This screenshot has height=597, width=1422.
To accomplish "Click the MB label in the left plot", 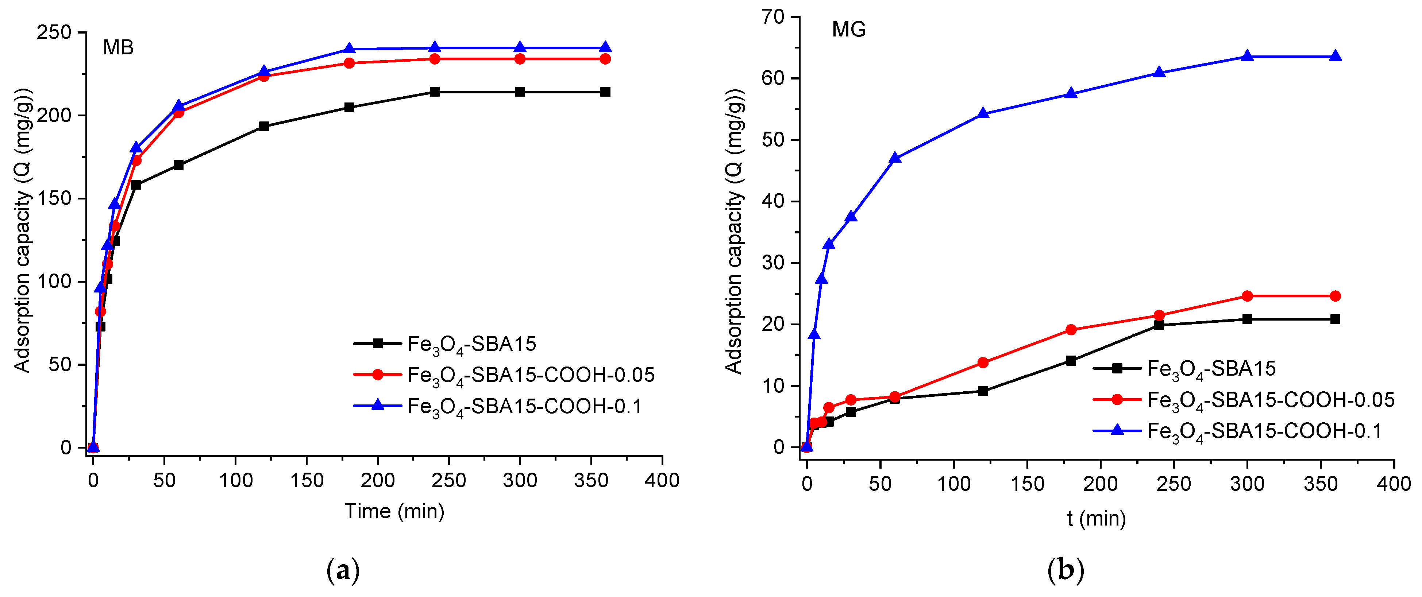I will [x=118, y=48].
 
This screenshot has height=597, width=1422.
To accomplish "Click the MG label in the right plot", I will [x=848, y=29].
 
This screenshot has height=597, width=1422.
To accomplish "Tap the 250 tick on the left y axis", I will [x=54, y=32].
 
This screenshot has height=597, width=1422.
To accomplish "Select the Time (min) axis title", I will [x=394, y=511].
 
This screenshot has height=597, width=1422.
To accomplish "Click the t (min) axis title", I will [x=1096, y=519].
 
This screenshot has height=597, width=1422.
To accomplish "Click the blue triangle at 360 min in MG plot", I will [x=1335, y=56].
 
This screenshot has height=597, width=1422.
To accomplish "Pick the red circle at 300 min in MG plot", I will [x=1247, y=296].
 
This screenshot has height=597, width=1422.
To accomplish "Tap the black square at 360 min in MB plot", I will [x=605, y=92].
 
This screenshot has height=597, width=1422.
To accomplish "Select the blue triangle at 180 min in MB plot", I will [x=349, y=49].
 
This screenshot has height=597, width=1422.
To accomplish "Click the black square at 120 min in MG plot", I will [x=983, y=391].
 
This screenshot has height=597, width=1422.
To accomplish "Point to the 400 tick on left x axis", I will [x=662, y=481].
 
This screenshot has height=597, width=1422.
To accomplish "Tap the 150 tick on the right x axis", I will [x=1027, y=484].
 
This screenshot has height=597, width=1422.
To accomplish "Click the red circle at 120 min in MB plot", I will [x=264, y=76].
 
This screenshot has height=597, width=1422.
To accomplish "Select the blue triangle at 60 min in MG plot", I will [x=895, y=158].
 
